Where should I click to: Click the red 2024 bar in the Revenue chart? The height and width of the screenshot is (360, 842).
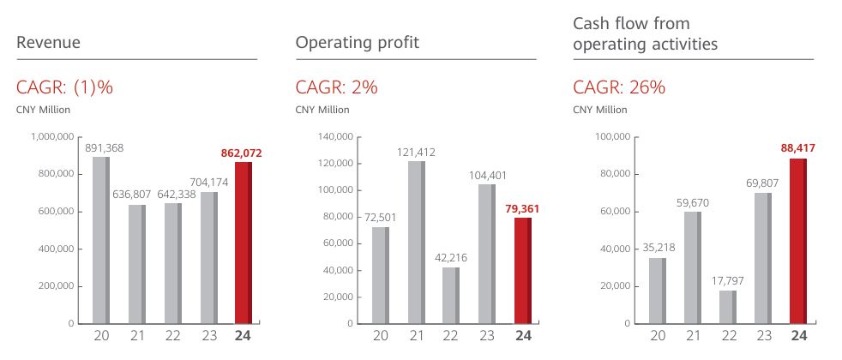pyautogui.click(x=244, y=243)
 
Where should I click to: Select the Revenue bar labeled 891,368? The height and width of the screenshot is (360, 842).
pyautogui.click(x=101, y=240)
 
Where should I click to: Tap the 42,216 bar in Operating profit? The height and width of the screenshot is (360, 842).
pyautogui.click(x=451, y=295)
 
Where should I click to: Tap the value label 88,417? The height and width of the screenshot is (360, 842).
pyautogui.click(x=797, y=148)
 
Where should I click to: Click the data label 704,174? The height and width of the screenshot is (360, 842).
pyautogui.click(x=209, y=182)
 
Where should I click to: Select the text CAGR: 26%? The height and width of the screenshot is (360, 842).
pyautogui.click(x=619, y=87)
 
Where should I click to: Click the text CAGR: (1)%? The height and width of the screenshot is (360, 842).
pyautogui.click(x=65, y=87)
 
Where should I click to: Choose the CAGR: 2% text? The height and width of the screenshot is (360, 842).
pyautogui.click(x=336, y=87)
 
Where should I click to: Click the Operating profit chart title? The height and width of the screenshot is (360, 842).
pyautogui.click(x=357, y=42)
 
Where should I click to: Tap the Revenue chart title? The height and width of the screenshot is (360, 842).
pyautogui.click(x=48, y=42)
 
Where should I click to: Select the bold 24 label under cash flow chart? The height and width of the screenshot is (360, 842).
pyautogui.click(x=799, y=336)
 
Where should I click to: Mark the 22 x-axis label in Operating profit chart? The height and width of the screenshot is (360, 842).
pyautogui.click(x=450, y=336)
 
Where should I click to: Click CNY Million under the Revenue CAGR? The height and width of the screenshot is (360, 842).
pyautogui.click(x=43, y=110)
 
